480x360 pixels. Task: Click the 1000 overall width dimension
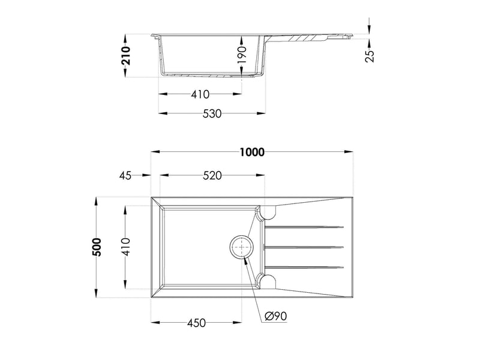251,152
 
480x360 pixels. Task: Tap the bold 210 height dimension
125,55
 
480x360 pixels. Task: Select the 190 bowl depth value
242,55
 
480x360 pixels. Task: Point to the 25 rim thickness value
370,55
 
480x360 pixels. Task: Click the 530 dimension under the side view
212,113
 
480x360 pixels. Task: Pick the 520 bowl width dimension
212,175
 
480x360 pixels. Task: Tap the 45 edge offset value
125,176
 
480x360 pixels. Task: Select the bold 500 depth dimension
97,247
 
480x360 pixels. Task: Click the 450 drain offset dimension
196,323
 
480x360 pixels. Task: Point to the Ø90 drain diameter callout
275,316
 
